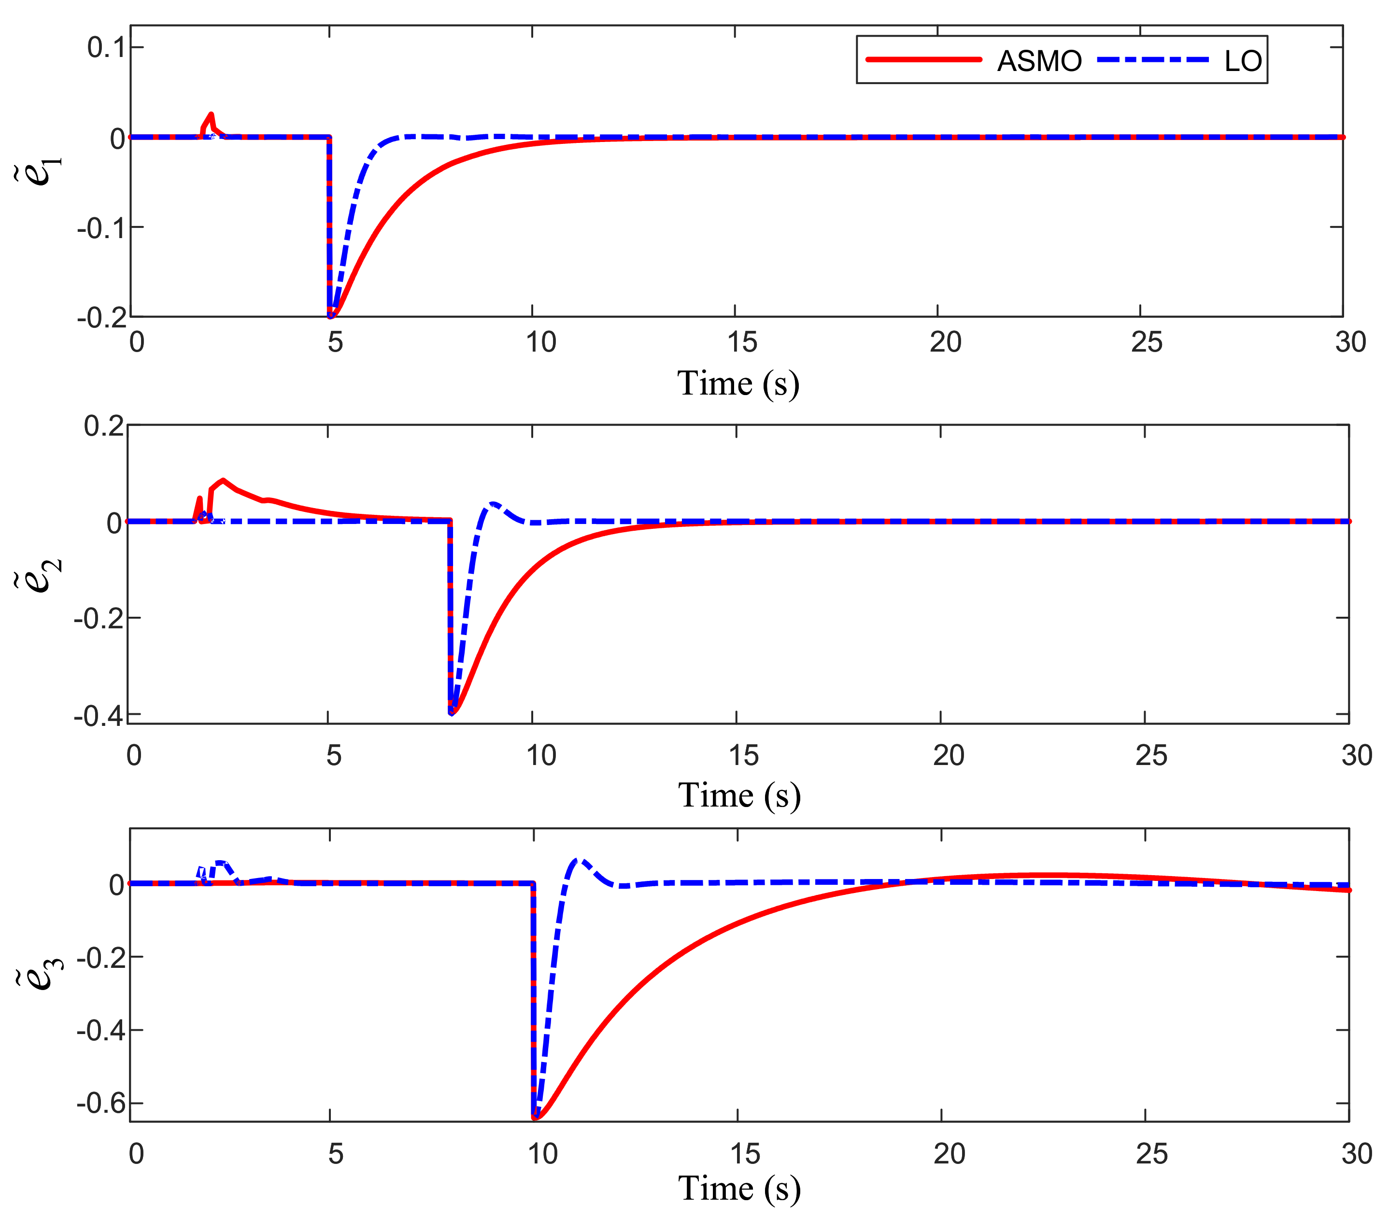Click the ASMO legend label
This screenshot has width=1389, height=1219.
tap(1038, 61)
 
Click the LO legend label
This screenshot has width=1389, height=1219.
tap(1242, 61)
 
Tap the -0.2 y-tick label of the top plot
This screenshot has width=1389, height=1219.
tap(101, 318)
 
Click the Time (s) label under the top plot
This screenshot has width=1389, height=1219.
tap(738, 384)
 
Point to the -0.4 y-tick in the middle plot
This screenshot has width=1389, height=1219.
tap(99, 715)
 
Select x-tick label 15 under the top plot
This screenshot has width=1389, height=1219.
tap(742, 342)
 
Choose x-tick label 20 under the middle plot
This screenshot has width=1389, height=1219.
tap(948, 755)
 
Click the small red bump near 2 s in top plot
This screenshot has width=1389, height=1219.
tap(211, 115)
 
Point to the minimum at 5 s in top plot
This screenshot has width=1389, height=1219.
tap(331, 316)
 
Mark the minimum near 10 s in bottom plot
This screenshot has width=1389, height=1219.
tap(536, 1117)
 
